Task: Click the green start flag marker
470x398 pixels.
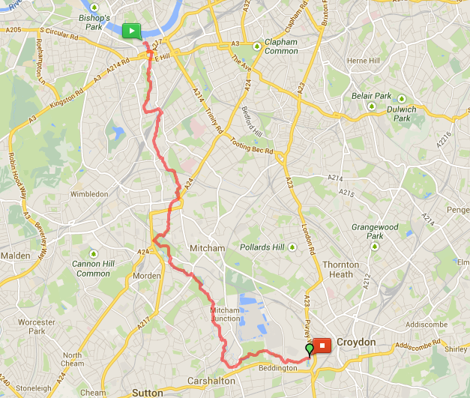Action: tap(131, 31)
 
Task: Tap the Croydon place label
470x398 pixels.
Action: tap(356, 342)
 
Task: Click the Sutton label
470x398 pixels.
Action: tap(148, 392)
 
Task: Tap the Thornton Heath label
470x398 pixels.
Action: tap(341, 269)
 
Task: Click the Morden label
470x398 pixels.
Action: tap(147, 276)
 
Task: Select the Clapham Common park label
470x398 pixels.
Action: tap(281, 46)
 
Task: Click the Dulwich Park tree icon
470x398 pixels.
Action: tap(402, 99)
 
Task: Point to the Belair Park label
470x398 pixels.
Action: tap(371, 96)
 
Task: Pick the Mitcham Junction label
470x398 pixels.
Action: tap(225, 314)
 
